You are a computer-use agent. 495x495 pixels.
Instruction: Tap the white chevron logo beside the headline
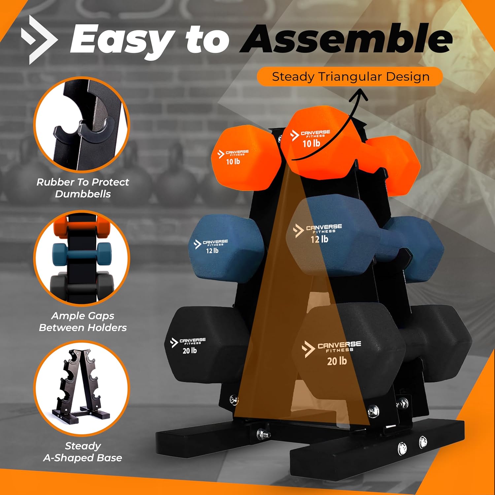tap(39, 40)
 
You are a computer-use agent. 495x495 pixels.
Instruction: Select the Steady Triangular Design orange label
tap(350, 77)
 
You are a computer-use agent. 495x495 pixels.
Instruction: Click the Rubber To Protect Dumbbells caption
tap(82, 188)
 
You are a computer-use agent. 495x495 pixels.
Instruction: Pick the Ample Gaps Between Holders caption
tap(82, 321)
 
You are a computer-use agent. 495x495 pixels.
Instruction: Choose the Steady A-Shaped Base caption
tap(82, 452)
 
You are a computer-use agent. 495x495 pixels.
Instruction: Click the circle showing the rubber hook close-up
tap(82, 125)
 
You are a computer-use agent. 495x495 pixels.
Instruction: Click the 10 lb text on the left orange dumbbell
tap(233, 161)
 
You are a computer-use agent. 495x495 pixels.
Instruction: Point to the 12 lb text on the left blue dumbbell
tap(212, 250)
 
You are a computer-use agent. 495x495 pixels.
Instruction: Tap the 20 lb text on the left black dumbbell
tap(190, 350)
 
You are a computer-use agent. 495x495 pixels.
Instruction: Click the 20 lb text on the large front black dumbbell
tap(337, 361)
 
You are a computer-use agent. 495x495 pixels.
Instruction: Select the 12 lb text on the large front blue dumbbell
tap(319, 239)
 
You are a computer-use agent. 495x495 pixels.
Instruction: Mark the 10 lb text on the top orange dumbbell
tap(311, 143)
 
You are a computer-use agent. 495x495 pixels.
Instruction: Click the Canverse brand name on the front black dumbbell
tap(339, 345)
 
